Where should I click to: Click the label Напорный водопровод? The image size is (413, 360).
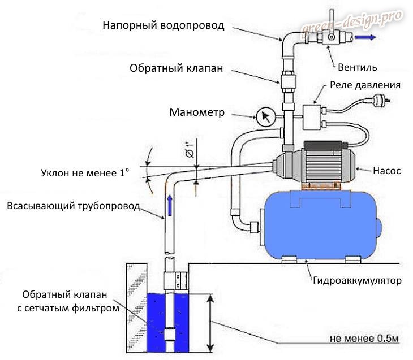click(164, 25)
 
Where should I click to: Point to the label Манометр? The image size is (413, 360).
click(197, 112)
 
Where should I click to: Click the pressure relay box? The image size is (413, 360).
click(311, 116)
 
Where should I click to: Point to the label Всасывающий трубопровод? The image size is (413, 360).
click(73, 206)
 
